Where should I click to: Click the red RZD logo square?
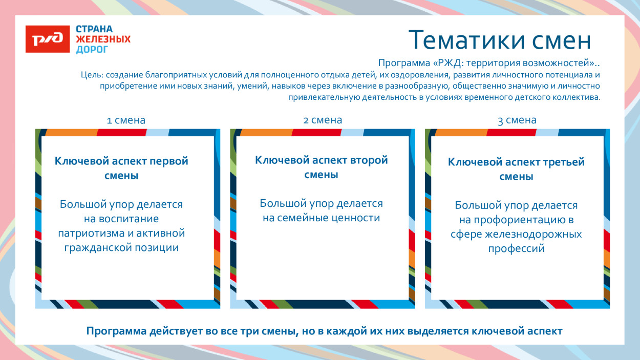pos(48,39)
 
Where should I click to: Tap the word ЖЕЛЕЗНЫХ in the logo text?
pos(103,39)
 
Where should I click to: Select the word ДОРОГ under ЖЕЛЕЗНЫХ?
pos(92,50)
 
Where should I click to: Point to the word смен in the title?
pos(563,40)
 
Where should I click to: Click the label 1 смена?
pos(126,120)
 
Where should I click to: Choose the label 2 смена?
pos(323,120)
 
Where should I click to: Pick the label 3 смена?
pos(517,120)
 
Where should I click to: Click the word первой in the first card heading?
pos(168,161)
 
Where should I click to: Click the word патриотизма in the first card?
pos(89,234)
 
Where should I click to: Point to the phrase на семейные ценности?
pos(321,218)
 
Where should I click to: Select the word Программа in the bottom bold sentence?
pos(116,331)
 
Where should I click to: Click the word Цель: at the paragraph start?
pos(92,75)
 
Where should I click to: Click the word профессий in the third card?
pos(516,249)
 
